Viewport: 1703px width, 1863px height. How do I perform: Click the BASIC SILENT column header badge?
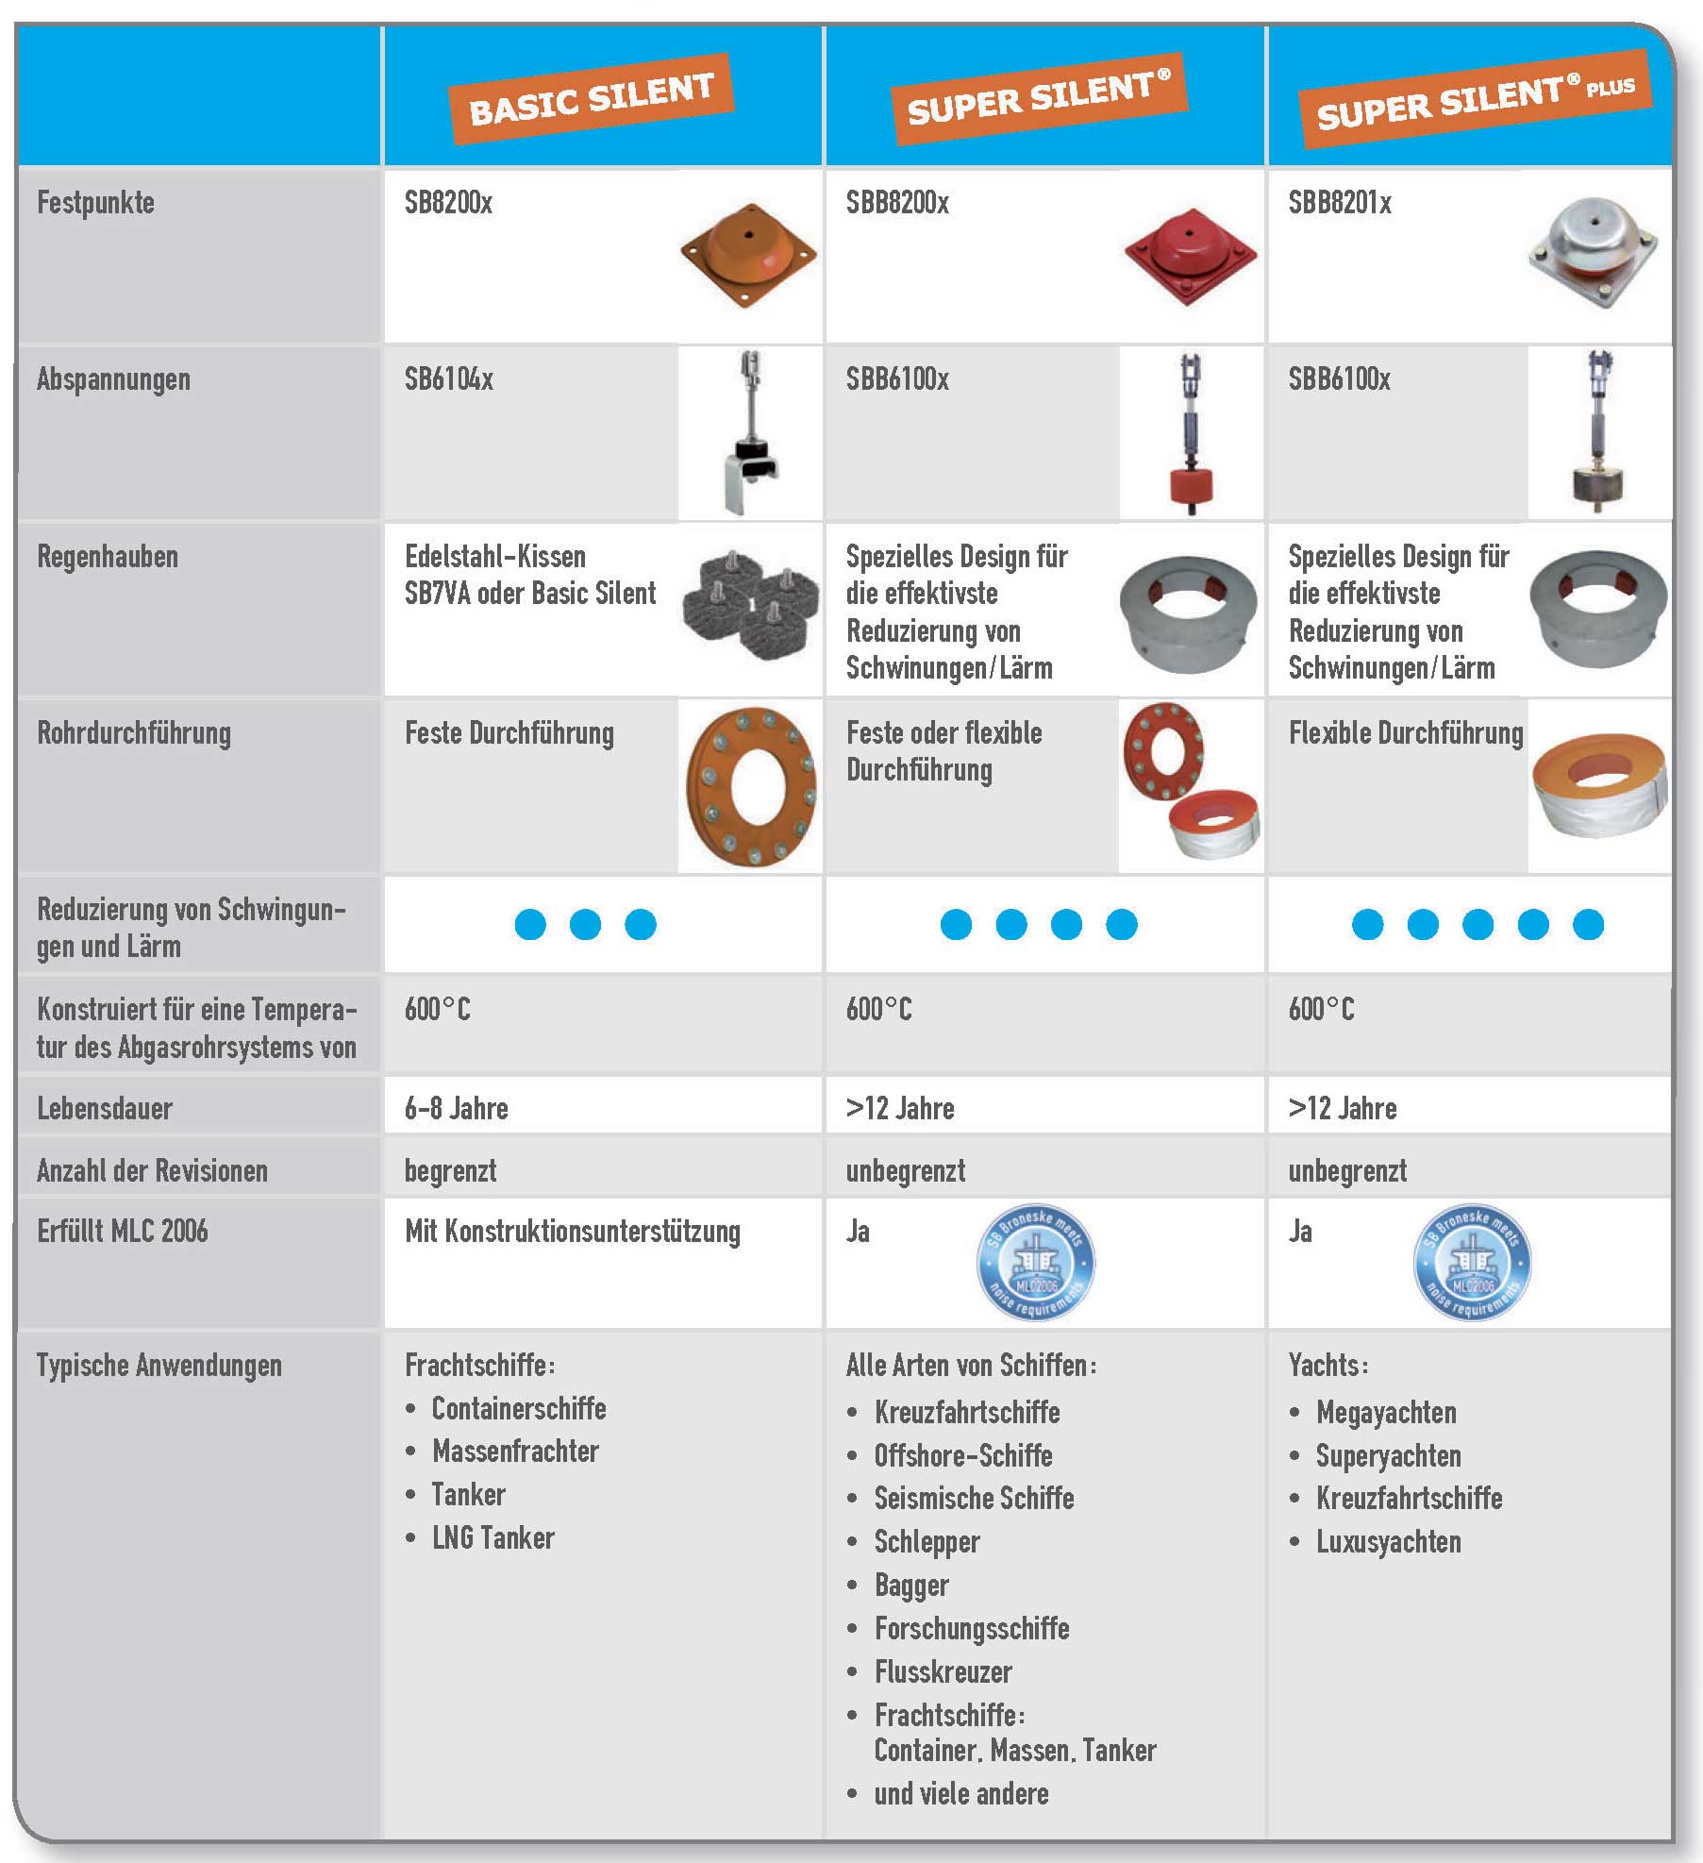pyautogui.click(x=592, y=98)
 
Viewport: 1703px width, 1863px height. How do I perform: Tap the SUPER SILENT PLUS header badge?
pyautogui.click(x=1475, y=99)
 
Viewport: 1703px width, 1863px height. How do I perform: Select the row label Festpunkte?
pyautogui.click(x=95, y=203)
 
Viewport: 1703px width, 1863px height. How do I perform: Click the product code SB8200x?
pyautogui.click(x=448, y=203)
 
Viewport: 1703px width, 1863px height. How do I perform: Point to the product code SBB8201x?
pyautogui.click(x=1340, y=203)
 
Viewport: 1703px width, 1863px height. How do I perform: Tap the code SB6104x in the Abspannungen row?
pyautogui.click(x=449, y=379)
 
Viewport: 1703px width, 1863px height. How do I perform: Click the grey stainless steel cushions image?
pyautogui.click(x=750, y=604)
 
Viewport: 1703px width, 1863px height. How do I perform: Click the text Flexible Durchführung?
pyautogui.click(x=1406, y=733)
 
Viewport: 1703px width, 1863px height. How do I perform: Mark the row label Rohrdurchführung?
pyautogui.click(x=134, y=733)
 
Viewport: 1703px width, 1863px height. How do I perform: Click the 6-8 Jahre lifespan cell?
pyautogui.click(x=457, y=1108)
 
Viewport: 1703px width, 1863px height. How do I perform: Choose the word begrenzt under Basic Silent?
pyautogui.click(x=451, y=1171)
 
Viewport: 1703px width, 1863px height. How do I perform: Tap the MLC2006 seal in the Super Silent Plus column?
pyautogui.click(x=1472, y=1263)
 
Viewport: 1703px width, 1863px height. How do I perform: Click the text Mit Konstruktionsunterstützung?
pyautogui.click(x=573, y=1232)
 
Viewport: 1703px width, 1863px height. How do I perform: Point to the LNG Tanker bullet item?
pyautogui.click(x=493, y=1537)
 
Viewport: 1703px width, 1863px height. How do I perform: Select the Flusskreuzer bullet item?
pyautogui.click(x=943, y=1672)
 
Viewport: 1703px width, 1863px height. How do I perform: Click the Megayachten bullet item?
pyautogui.click(x=1386, y=1413)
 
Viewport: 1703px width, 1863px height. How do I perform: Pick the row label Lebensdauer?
pyautogui.click(x=105, y=1108)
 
